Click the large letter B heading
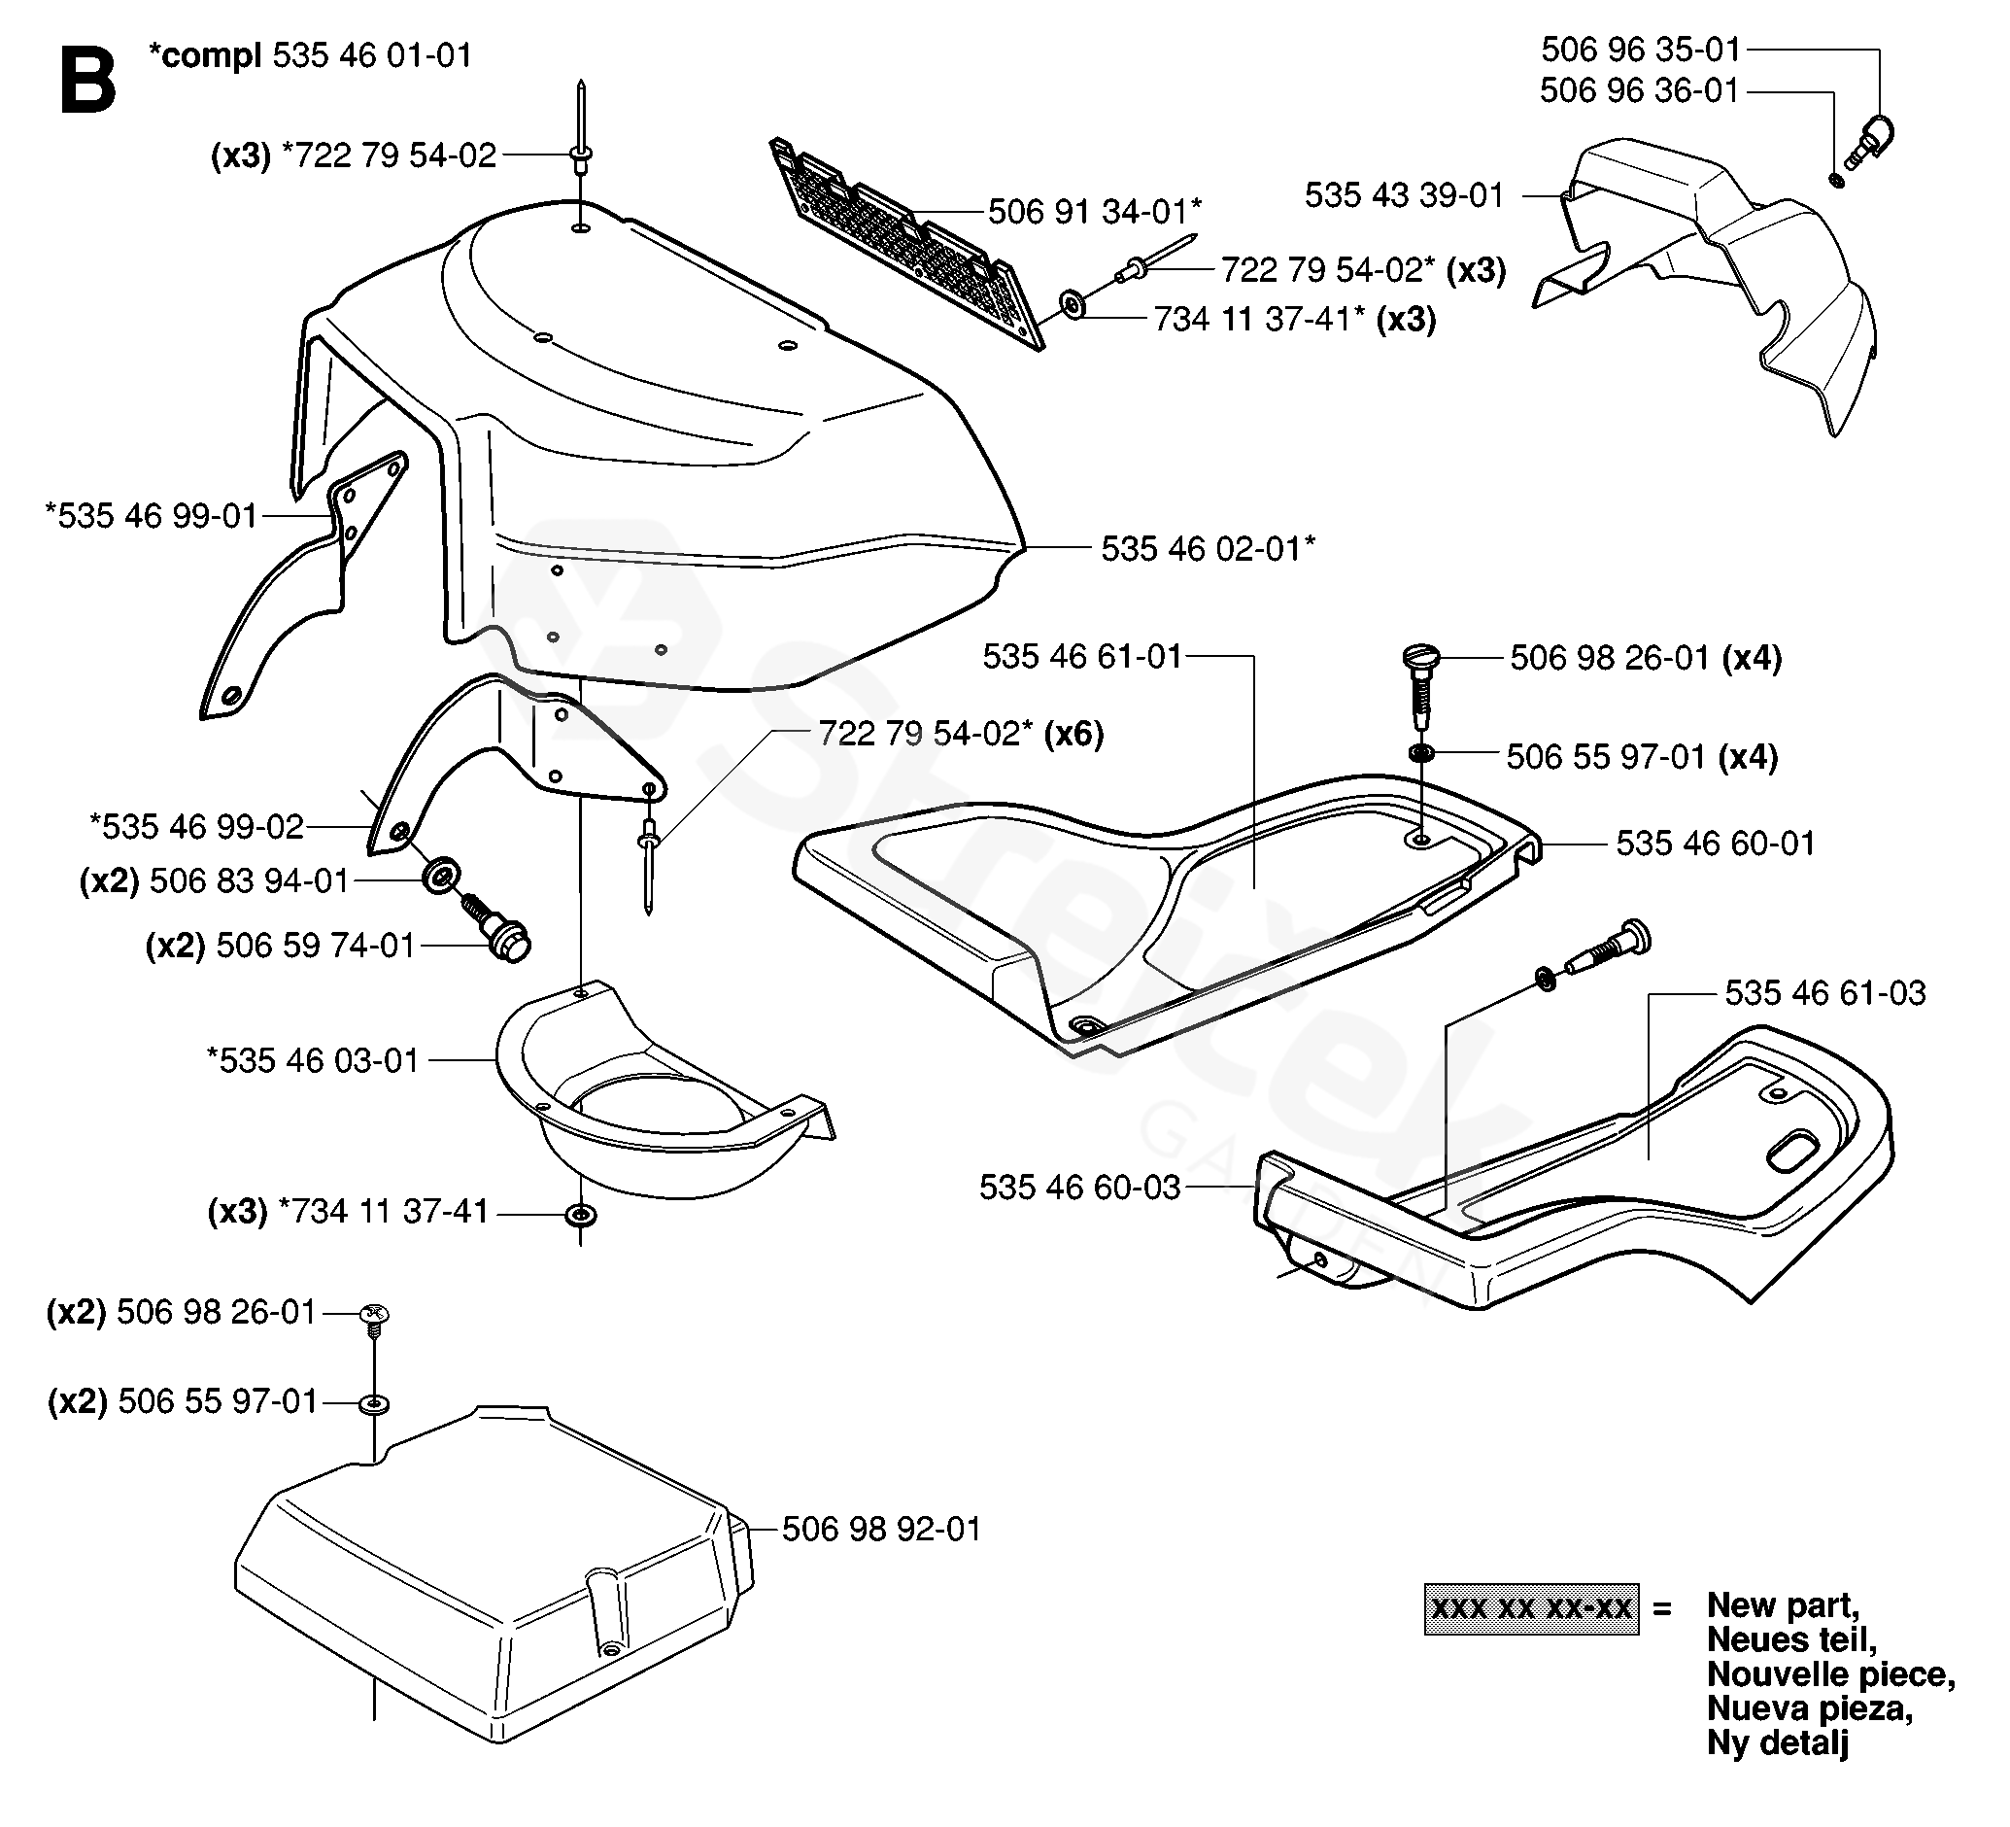coord(87,80)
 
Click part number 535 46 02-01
coord(1209,548)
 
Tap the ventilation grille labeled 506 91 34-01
coord(907,245)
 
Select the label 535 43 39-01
coord(1404,195)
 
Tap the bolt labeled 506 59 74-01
coord(495,926)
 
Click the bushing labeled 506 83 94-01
coord(441,875)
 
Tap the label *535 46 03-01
coord(313,1060)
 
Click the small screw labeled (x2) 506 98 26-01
coord(374,1319)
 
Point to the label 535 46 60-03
coord(1079,1187)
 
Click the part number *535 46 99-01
coord(152,516)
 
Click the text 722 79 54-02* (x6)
coord(961,734)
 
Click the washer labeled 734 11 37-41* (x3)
coord(1073,304)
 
